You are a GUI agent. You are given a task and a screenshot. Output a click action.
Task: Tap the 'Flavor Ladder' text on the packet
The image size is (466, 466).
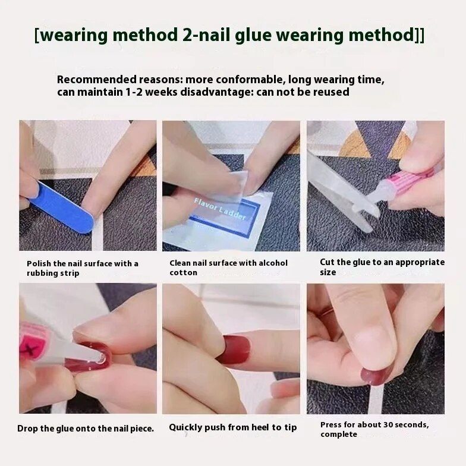coord(220,209)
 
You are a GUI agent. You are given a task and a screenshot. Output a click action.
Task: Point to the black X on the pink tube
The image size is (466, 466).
coord(31,348)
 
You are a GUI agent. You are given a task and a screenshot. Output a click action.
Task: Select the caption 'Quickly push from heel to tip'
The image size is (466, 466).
coord(233,427)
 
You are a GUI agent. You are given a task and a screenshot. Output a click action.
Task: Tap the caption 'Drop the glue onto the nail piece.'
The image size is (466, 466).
coord(86,429)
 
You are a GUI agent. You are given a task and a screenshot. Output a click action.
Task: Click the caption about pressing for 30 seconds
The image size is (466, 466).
coord(374,429)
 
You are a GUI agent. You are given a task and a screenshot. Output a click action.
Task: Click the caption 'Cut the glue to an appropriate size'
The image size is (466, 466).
coord(382,267)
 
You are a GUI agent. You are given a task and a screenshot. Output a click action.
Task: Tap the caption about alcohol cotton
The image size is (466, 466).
coord(228,267)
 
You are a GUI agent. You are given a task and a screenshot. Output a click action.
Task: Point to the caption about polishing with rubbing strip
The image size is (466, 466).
coord(82,268)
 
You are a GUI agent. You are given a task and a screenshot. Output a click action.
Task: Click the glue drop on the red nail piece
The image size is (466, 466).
coord(100,359)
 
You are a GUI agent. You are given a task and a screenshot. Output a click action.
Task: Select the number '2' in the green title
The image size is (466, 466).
coord(186,34)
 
